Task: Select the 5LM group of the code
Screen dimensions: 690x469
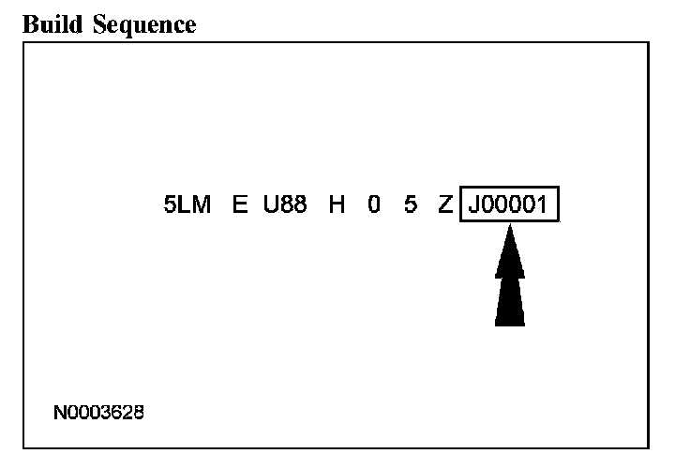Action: pos(187,205)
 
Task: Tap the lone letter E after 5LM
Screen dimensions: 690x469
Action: pos(240,205)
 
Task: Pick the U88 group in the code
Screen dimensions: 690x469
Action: pos(285,205)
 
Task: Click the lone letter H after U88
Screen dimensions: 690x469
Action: pos(337,205)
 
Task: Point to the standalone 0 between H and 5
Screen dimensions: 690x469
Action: pos(374,205)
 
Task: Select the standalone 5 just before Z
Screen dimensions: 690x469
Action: pos(410,205)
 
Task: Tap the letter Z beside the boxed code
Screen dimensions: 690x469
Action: pos(445,205)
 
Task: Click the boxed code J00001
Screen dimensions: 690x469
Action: pos(509,205)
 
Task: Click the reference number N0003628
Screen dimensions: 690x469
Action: pos(99,412)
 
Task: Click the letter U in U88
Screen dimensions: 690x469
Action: pos(271,205)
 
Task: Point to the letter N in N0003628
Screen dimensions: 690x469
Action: pos(60,412)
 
